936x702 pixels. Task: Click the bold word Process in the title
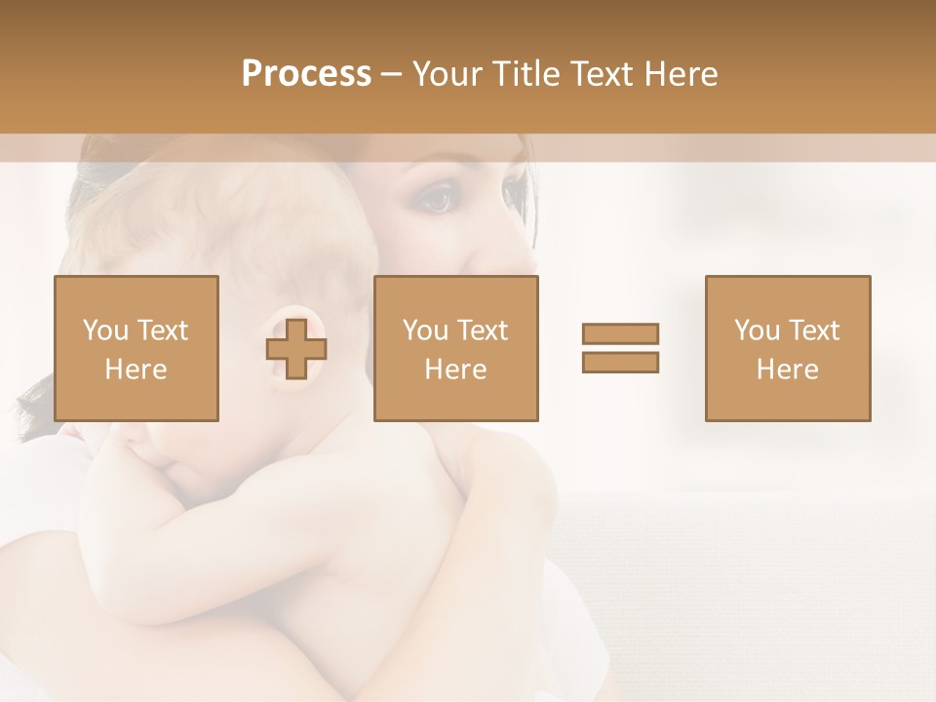[306, 74]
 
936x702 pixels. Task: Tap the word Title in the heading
[528, 74]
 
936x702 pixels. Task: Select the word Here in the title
[680, 74]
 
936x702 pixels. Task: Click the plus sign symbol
[296, 349]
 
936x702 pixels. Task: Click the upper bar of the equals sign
[620, 333]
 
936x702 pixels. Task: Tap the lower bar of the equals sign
[620, 362]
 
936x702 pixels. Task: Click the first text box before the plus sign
[136, 348]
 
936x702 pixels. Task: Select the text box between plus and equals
[455, 348]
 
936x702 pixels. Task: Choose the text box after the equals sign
[787, 348]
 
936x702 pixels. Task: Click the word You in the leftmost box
[104, 331]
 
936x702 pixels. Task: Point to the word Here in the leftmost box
[136, 370]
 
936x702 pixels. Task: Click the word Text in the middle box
[483, 331]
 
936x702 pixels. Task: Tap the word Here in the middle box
[455, 370]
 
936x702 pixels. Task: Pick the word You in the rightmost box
[756, 331]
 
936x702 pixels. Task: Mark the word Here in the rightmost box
[787, 370]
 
